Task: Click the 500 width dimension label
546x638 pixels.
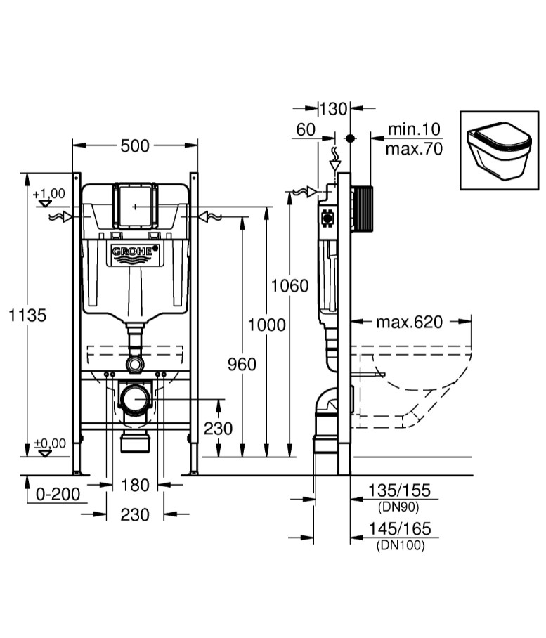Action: (135, 145)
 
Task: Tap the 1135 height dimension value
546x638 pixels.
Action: (27, 315)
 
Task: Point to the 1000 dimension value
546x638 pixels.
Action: (267, 325)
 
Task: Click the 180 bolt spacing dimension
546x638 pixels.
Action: (135, 485)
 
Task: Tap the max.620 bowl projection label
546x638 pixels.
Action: (410, 322)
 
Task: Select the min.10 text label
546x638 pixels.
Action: (414, 129)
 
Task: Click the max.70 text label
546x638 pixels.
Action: (414, 149)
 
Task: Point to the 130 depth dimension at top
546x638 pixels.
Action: (333, 108)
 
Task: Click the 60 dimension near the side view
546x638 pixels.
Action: (306, 129)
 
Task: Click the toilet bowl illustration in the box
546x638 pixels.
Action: (498, 150)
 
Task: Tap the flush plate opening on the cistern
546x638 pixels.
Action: (135, 205)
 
